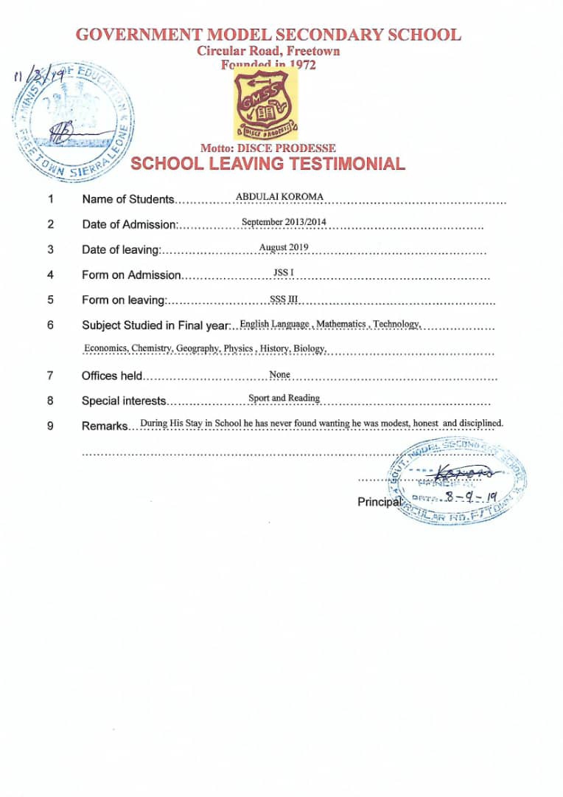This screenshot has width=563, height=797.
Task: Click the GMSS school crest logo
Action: pyautogui.click(x=267, y=106)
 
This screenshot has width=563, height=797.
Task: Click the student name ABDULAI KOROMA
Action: pyautogui.click(x=279, y=196)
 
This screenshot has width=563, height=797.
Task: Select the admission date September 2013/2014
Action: pyautogui.click(x=284, y=222)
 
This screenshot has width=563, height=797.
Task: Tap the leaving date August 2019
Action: pyautogui.click(x=284, y=247)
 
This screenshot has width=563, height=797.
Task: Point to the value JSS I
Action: pyautogui.click(x=284, y=273)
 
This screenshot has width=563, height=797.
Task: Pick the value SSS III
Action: pyautogui.click(x=284, y=299)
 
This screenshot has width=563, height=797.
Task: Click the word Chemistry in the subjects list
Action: pyautogui.click(x=151, y=348)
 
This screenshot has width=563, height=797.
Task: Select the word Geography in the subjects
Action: pyautogui.click(x=197, y=348)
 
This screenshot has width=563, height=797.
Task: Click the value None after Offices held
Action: pyautogui.click(x=280, y=375)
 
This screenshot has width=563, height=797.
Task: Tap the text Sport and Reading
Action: pyautogui.click(x=284, y=398)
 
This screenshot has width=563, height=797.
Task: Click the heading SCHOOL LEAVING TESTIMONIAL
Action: pyautogui.click(x=267, y=164)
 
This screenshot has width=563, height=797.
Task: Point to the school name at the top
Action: pyautogui.click(x=269, y=35)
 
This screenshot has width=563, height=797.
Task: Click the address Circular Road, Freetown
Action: pyautogui.click(x=268, y=52)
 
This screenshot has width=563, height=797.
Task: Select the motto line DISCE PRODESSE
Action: pyautogui.click(x=267, y=148)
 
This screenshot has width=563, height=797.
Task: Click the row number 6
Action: pyautogui.click(x=50, y=325)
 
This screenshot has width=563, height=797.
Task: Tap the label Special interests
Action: pyautogui.click(x=124, y=401)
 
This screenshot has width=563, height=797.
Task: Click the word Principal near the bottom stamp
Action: pyautogui.click(x=380, y=502)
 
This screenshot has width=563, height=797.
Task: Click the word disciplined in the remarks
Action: pyautogui.click(x=480, y=423)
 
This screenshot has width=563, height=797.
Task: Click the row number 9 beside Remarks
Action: pyautogui.click(x=50, y=426)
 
